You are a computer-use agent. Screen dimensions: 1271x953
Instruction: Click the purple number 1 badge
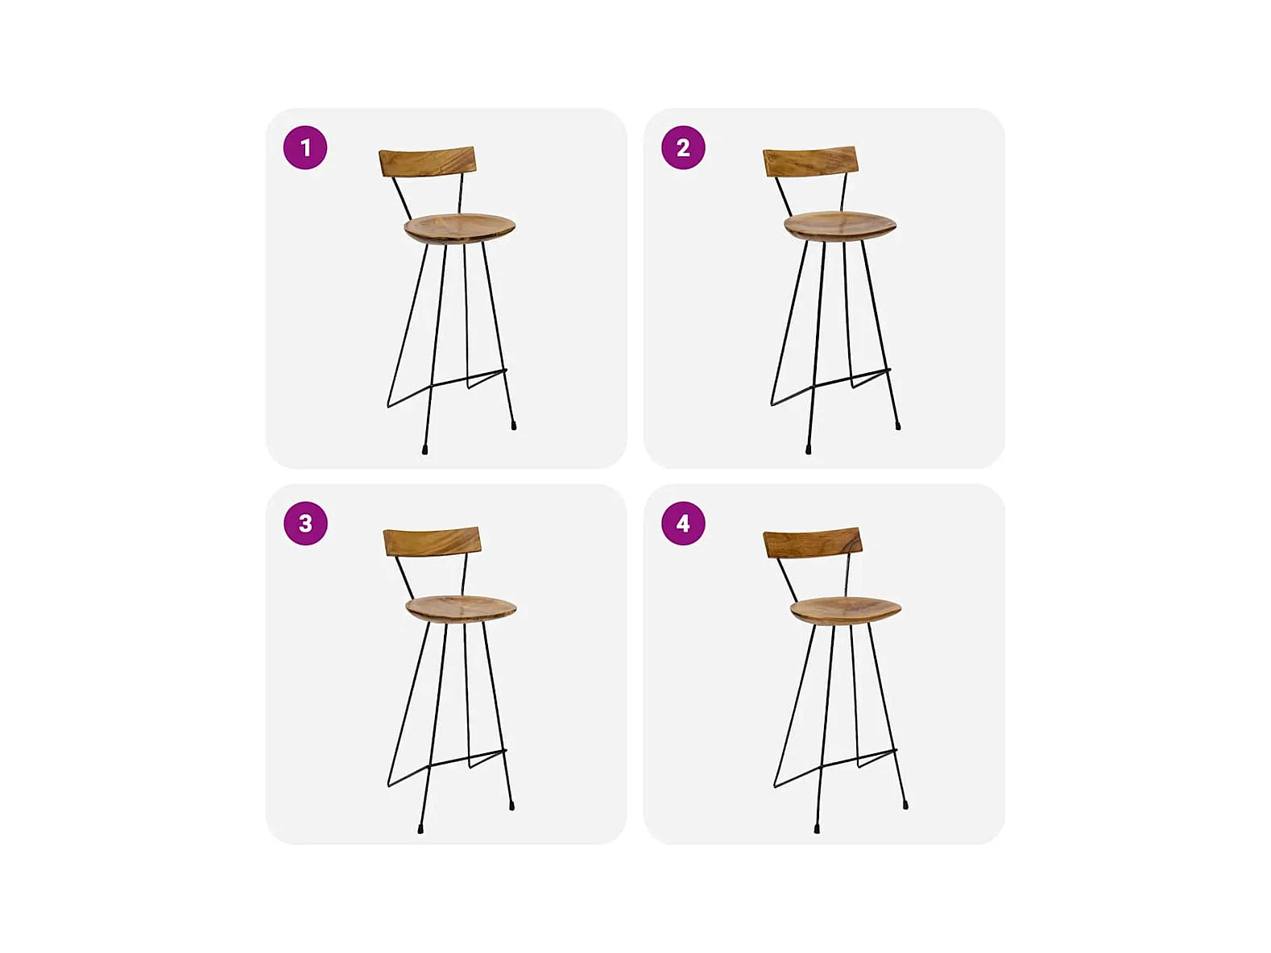[305, 147]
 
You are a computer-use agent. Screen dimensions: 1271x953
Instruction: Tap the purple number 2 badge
[683, 147]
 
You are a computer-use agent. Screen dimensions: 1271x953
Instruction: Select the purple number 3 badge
[305, 524]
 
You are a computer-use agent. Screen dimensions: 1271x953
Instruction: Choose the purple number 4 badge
[683, 524]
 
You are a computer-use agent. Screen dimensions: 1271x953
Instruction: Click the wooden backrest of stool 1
[428, 162]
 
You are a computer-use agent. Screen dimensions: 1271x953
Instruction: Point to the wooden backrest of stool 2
[810, 162]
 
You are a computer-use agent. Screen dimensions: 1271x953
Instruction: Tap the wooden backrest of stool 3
[433, 542]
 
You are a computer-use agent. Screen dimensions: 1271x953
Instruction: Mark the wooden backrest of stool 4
[813, 543]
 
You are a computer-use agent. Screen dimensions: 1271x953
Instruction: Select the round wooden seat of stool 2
[840, 226]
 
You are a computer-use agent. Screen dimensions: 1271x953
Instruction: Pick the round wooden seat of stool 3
[461, 608]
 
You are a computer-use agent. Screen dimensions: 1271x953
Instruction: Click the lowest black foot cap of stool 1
[424, 450]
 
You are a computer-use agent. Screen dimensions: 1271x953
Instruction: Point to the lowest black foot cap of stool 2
[809, 450]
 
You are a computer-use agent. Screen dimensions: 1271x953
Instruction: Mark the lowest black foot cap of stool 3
[420, 829]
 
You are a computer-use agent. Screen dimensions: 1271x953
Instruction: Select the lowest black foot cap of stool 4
[817, 829]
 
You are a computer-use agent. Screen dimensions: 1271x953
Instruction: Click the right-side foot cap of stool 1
[514, 425]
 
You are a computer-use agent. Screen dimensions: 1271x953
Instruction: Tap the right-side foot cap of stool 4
[905, 805]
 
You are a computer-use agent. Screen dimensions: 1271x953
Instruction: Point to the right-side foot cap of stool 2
[898, 425]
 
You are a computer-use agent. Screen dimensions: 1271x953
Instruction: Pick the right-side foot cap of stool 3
[512, 806]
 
